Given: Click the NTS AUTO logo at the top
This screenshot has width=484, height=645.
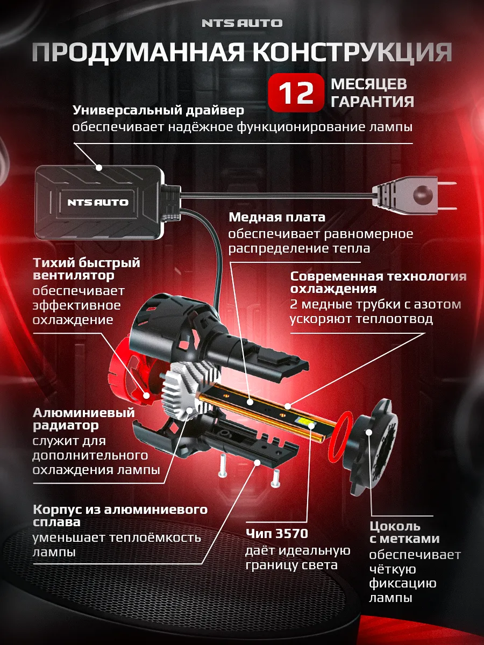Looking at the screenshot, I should (242, 23).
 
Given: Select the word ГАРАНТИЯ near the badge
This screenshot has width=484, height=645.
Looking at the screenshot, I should (372, 102).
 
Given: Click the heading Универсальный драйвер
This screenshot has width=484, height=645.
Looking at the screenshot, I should (158, 110).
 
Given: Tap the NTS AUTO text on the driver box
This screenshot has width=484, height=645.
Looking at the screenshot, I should (98, 203).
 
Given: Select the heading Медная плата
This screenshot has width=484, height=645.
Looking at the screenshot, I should (277, 217).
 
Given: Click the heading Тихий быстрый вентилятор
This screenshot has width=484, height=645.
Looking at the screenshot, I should (86, 269).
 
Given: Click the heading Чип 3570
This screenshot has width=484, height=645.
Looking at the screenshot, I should (276, 534).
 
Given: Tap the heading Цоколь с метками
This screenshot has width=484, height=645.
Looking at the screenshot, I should (404, 532).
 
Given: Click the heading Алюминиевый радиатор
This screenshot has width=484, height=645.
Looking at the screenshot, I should (83, 419).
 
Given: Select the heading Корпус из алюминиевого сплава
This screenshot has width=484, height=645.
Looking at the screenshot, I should (119, 515).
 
